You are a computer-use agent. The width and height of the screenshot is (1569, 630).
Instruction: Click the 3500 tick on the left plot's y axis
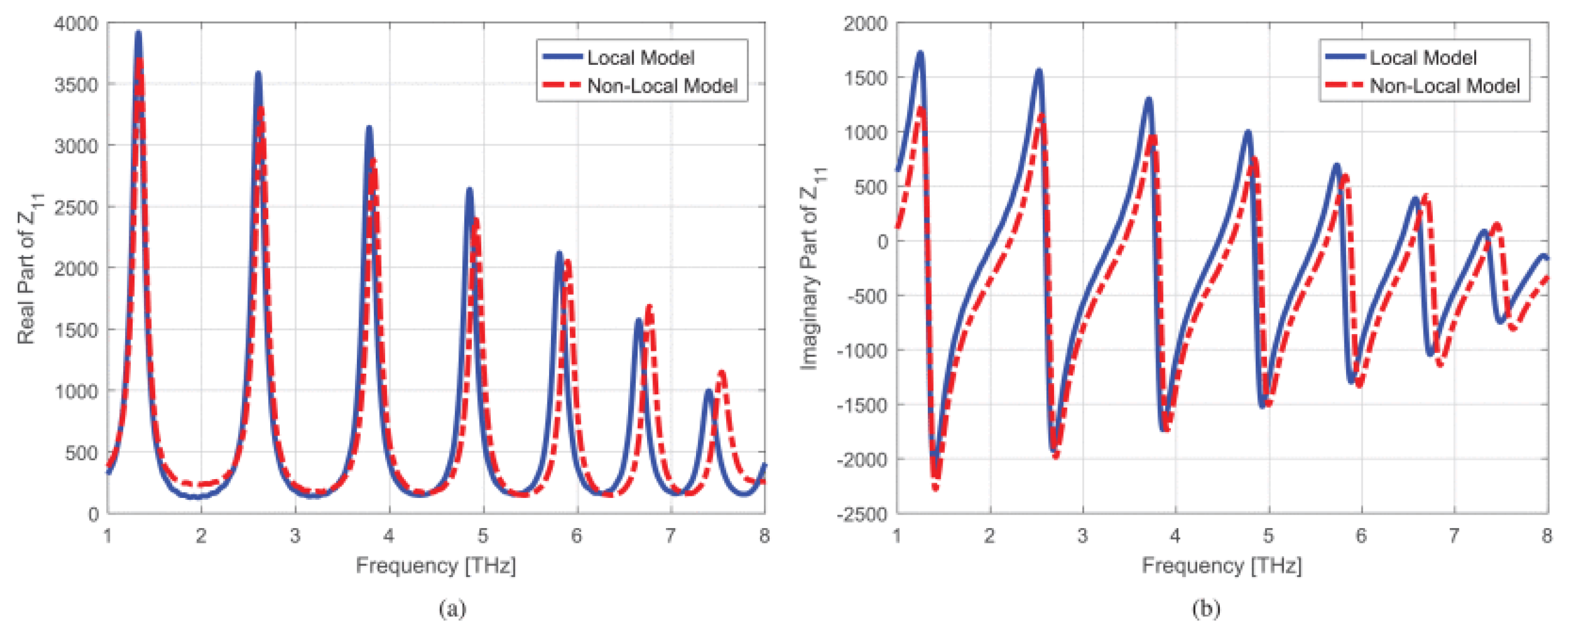click(76, 85)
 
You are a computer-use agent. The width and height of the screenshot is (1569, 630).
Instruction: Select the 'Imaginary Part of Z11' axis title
click(811, 268)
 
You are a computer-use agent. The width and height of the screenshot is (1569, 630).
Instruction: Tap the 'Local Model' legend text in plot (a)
click(640, 58)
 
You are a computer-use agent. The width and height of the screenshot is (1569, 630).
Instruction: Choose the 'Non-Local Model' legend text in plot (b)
click(1445, 86)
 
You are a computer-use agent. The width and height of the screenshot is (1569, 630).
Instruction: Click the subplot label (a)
click(452, 608)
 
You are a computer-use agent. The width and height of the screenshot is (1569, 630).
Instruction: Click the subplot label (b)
click(1206, 608)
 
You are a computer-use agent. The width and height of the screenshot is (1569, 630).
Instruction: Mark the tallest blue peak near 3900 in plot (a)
click(138, 34)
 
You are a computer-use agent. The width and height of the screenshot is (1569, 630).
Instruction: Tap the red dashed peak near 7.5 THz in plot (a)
click(722, 372)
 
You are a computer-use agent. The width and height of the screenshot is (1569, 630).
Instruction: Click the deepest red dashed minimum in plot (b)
click(936, 487)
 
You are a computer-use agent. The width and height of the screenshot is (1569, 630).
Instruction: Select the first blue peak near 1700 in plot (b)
click(920, 54)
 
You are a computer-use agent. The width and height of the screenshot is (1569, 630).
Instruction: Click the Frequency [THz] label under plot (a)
click(436, 566)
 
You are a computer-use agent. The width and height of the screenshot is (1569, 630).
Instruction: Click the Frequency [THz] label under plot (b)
click(1222, 566)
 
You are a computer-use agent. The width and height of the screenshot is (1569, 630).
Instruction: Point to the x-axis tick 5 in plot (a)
click(483, 536)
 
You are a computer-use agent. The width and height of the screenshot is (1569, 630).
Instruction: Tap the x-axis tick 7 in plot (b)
click(1454, 536)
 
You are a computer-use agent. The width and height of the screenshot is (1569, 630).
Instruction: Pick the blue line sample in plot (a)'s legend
click(562, 57)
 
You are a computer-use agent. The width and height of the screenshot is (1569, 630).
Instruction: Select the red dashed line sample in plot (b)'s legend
click(1345, 86)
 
